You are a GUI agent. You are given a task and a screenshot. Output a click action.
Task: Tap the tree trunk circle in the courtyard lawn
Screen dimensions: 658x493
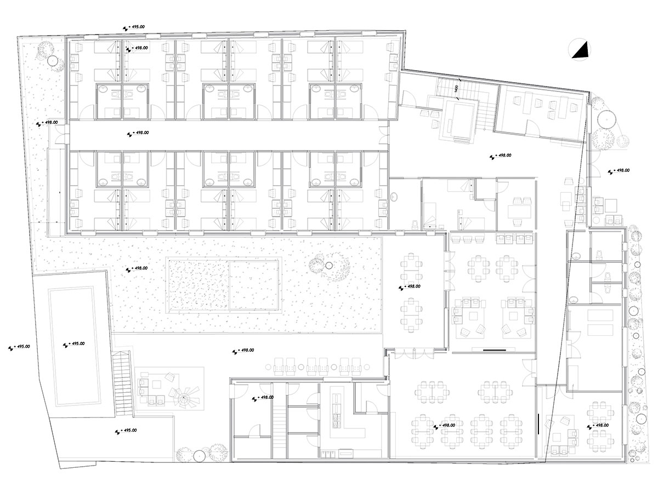pyautogui.click(x=329, y=265)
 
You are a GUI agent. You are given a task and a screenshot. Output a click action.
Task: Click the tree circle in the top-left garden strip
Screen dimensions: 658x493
pyautogui.click(x=53, y=61)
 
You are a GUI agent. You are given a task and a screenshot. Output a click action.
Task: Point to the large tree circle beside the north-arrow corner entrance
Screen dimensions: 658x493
pyautogui.click(x=605, y=118)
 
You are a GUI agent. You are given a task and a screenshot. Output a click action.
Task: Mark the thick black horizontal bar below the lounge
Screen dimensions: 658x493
pyautogui.click(x=495, y=349)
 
